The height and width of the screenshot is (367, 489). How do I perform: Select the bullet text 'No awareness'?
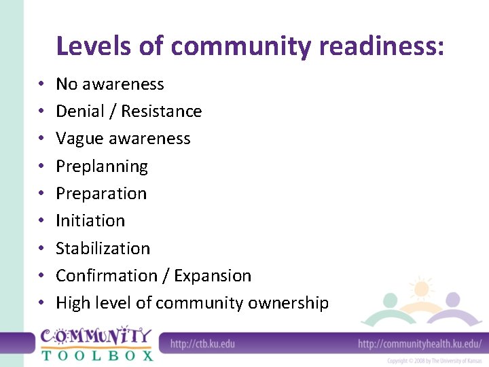110,84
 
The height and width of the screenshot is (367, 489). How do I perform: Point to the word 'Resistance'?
162,111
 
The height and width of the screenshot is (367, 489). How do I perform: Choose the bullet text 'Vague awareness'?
123,139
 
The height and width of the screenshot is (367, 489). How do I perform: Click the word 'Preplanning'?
102,167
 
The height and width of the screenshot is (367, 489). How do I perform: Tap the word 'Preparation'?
101,194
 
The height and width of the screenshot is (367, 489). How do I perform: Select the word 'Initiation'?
90,221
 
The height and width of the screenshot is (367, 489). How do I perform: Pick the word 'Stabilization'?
103,248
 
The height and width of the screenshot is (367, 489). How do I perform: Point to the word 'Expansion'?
213,276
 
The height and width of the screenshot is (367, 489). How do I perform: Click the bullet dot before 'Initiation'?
41,221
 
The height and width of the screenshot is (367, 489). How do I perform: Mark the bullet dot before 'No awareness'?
41,84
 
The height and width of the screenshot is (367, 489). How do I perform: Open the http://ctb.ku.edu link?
202,343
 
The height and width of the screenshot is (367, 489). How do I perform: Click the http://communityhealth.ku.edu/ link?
420,343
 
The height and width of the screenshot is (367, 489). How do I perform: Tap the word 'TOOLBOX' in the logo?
96,354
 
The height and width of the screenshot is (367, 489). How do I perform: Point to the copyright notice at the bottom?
435,361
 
